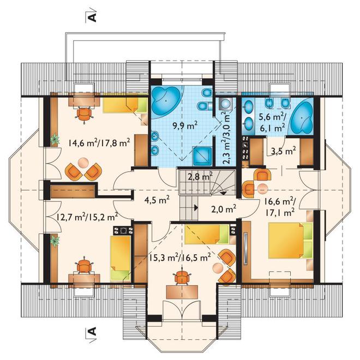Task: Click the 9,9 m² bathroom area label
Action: (185, 125)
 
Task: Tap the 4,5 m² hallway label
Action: (157, 200)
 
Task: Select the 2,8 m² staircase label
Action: (200, 177)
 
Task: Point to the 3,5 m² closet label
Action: (283, 151)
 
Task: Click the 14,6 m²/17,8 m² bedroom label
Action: (99, 143)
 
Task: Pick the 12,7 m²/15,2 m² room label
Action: (87, 217)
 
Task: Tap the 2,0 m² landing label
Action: (224, 209)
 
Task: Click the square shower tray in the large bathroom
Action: (202, 156)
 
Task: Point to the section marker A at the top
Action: (92, 16)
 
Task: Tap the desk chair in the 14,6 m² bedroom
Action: (84, 113)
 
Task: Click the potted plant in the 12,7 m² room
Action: (55, 241)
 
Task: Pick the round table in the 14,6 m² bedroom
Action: (83, 163)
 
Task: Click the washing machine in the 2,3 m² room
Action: (226, 103)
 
